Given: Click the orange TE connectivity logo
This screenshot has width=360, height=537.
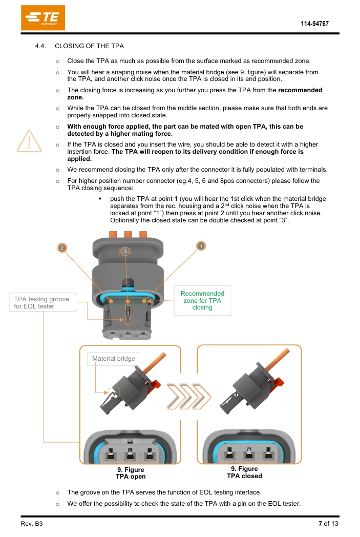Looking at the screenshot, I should click(x=43, y=18).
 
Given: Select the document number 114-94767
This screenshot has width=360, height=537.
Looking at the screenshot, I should click(x=314, y=24).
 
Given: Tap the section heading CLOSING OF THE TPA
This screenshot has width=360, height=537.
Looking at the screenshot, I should click(x=89, y=46).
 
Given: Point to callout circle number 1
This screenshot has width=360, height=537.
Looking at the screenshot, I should click(x=201, y=246).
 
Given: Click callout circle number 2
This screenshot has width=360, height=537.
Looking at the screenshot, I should click(x=62, y=247).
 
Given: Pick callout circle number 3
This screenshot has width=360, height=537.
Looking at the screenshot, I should click(x=125, y=251).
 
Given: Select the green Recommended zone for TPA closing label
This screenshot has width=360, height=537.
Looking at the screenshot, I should click(x=202, y=300).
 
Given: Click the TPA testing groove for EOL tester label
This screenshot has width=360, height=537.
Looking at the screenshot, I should click(x=41, y=302).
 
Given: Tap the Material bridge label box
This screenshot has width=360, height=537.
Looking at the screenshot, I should click(x=114, y=358).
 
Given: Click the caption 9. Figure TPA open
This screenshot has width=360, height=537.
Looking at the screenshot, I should click(x=131, y=473).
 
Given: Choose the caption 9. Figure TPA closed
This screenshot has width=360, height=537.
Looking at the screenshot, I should click(x=244, y=472).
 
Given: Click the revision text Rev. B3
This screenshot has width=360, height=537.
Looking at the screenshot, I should click(x=32, y=524).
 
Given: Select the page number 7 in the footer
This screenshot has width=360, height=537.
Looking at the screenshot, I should click(x=320, y=524).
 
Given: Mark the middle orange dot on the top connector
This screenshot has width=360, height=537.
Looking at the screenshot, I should click(x=128, y=302).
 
